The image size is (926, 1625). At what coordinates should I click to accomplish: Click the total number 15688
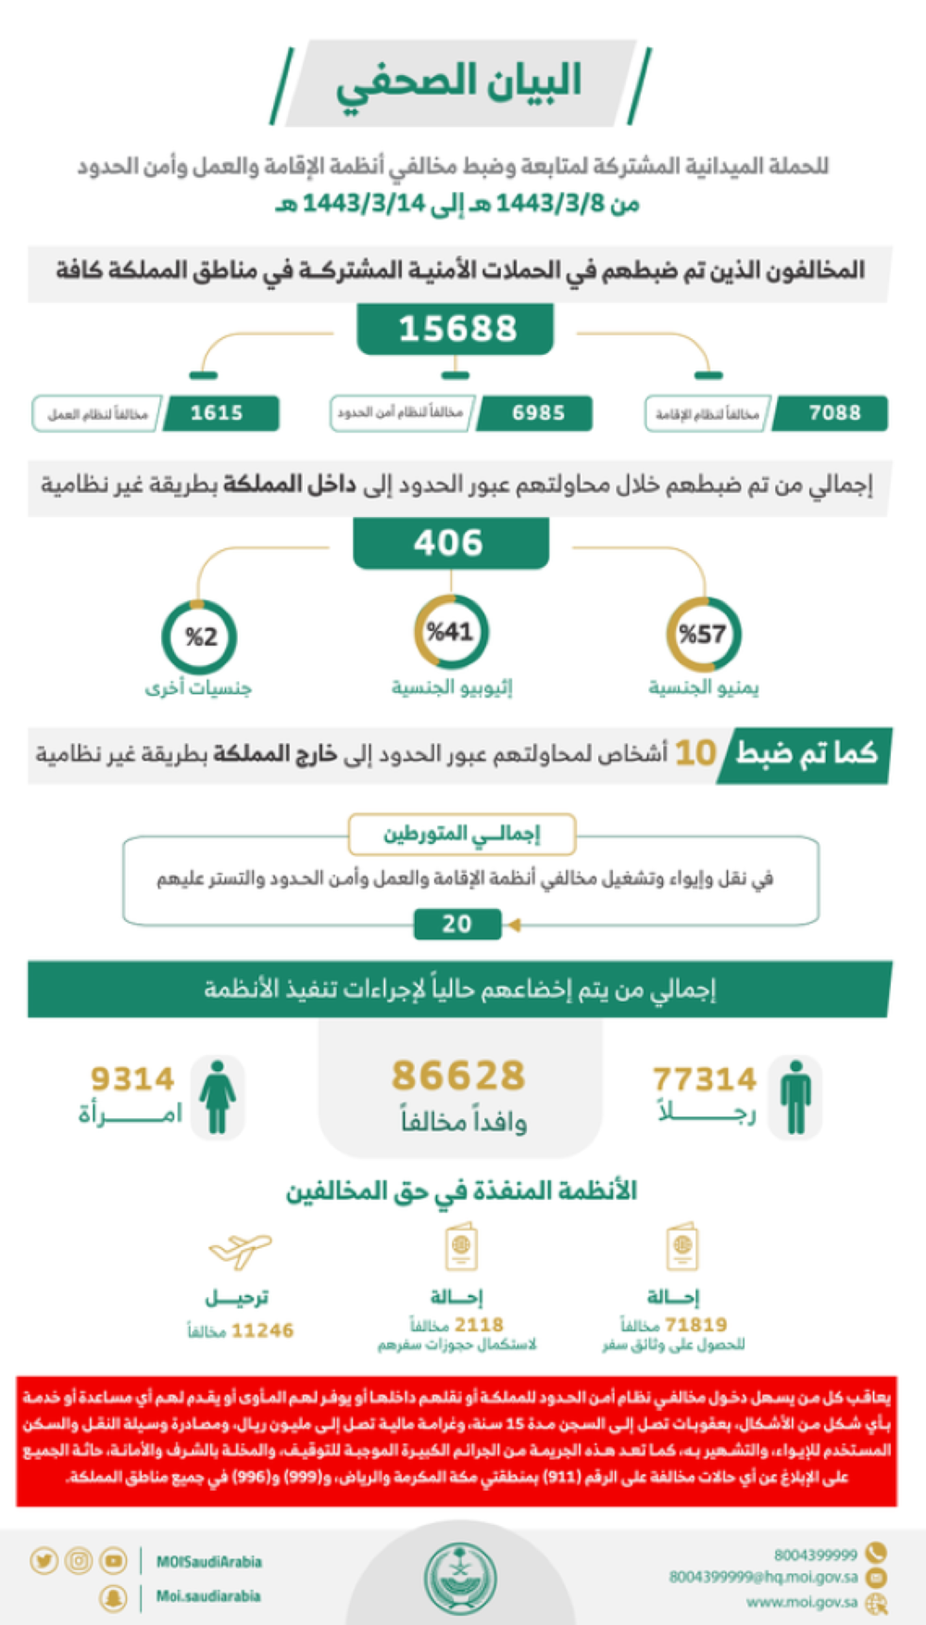[x=457, y=329]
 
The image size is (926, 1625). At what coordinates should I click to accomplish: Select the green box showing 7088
[x=832, y=413]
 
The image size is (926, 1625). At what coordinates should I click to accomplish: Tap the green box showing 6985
[x=536, y=413]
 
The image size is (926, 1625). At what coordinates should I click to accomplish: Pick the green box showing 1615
[x=219, y=413]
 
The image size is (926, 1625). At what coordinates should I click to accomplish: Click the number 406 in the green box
[x=449, y=542]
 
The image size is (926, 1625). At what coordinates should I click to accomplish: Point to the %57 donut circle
[x=703, y=635]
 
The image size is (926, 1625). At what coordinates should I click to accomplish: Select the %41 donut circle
[x=451, y=633]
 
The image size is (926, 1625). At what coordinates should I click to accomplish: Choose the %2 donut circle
[x=200, y=636]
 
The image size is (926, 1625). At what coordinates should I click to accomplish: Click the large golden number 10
[x=695, y=753]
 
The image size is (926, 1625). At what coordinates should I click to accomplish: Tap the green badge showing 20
[x=457, y=924]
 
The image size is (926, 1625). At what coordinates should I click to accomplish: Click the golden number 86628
[x=458, y=1076]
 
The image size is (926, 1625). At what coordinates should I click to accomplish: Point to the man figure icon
[x=795, y=1097]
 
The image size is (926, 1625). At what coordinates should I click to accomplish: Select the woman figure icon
[x=218, y=1097]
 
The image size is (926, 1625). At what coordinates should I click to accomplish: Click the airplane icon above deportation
[x=240, y=1250]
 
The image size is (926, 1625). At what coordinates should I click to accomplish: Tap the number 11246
[x=262, y=1330]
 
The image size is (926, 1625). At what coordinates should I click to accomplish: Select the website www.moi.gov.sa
[x=802, y=1602]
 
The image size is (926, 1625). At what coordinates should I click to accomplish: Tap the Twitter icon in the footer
[x=43, y=1561]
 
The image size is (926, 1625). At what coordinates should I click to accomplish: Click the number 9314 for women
[x=132, y=1079]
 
